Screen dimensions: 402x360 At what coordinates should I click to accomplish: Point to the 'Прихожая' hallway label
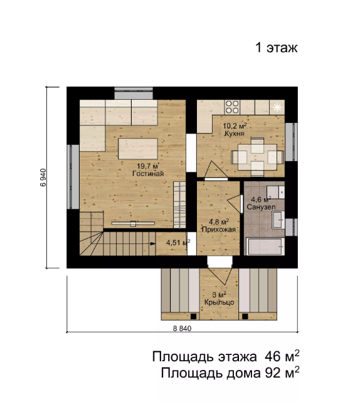pos(218,230)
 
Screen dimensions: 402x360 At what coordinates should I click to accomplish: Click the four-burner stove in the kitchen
pos(233,105)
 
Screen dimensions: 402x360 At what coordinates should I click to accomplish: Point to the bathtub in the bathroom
pos(265,245)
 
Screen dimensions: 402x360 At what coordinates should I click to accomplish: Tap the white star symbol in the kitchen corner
pos(277,107)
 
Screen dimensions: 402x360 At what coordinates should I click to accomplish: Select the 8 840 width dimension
pos(179,329)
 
